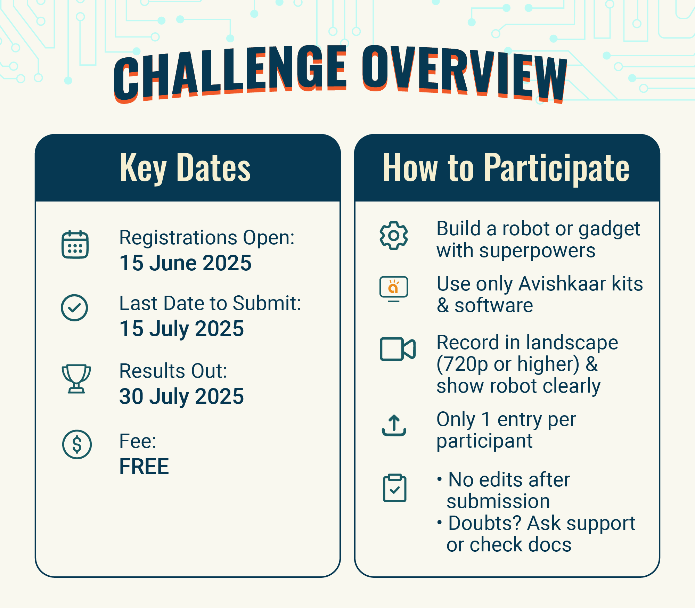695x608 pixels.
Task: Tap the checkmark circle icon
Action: pos(74,308)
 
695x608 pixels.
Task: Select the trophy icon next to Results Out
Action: pos(76,379)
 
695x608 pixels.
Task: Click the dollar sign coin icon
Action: pos(77,444)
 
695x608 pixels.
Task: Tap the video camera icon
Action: pos(398,349)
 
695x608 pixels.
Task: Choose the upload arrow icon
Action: pos(394,426)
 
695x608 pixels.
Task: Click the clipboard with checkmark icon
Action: pos(394,488)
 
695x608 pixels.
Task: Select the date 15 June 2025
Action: pos(185,263)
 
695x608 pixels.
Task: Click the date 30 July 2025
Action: pos(181,396)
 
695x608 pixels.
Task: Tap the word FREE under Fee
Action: pos(144,466)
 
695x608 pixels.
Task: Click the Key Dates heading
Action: pos(185,168)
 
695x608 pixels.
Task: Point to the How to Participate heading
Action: pos(506,168)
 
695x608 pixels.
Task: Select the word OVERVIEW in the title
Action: pos(465,74)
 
